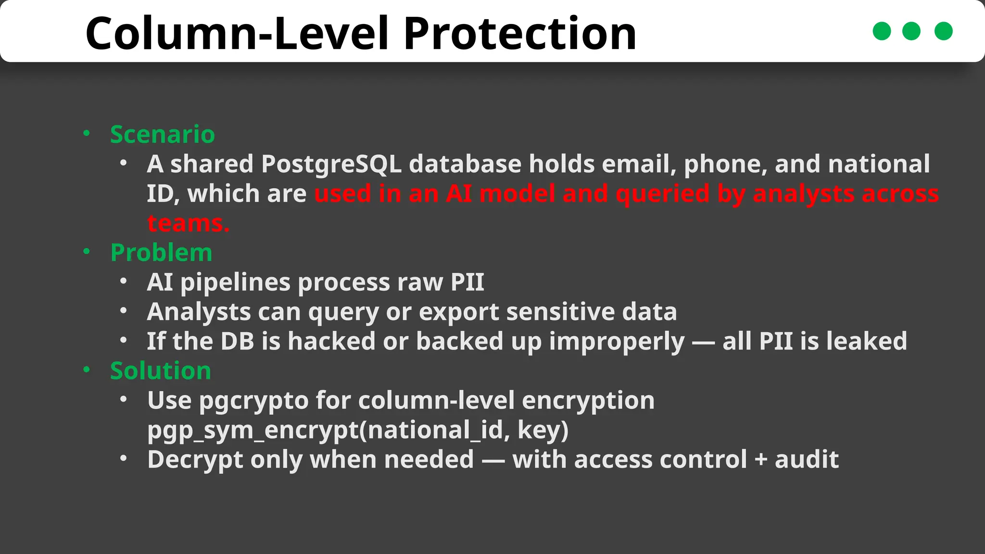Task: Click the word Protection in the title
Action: click(520, 34)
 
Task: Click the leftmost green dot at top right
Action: click(882, 31)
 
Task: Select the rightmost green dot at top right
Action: click(943, 31)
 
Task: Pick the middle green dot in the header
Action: click(911, 31)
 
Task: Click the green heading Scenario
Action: click(162, 134)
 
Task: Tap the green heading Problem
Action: click(161, 252)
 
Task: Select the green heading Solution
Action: click(160, 371)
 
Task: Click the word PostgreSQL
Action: click(331, 164)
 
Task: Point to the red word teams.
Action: click(188, 223)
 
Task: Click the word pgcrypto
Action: click(253, 401)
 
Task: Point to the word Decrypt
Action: click(195, 459)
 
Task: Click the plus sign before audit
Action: click(761, 460)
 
